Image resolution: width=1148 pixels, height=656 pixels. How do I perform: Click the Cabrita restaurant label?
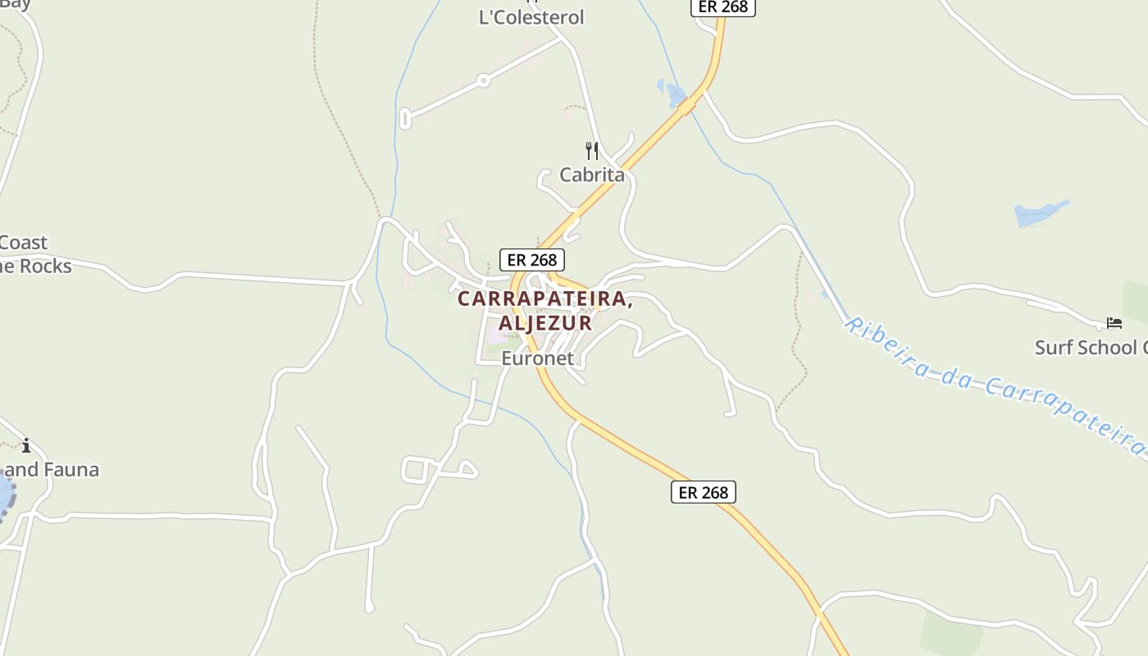[x=591, y=175]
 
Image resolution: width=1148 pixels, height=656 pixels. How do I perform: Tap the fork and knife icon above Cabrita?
[x=592, y=151]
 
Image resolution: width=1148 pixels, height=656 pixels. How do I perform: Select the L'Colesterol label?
[x=531, y=17]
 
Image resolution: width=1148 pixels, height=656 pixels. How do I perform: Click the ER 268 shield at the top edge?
[x=722, y=7]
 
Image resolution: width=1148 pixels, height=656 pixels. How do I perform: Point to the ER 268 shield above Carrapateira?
[x=532, y=260]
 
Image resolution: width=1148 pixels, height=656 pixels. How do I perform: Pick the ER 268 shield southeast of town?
[x=704, y=492]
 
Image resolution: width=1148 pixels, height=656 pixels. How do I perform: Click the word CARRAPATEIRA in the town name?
[x=544, y=299]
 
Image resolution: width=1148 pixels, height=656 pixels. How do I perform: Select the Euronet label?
[x=537, y=358]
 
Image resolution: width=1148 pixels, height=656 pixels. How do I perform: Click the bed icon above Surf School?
[x=1114, y=323]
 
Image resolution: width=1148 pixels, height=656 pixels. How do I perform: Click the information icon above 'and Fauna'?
[x=26, y=445]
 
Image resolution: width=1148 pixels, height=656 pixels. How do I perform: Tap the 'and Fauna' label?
[x=52, y=470]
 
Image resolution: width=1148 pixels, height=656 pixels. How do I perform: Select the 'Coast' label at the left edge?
[x=23, y=243]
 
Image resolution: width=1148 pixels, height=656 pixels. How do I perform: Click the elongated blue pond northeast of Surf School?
[x=1040, y=213]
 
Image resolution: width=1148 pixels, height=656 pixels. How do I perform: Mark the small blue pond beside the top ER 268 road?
[x=674, y=93]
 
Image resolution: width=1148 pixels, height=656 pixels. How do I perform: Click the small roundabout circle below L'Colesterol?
[x=484, y=80]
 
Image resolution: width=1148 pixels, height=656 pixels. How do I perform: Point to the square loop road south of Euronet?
[x=415, y=469]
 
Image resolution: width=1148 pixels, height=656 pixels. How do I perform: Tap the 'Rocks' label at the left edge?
[x=45, y=266]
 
